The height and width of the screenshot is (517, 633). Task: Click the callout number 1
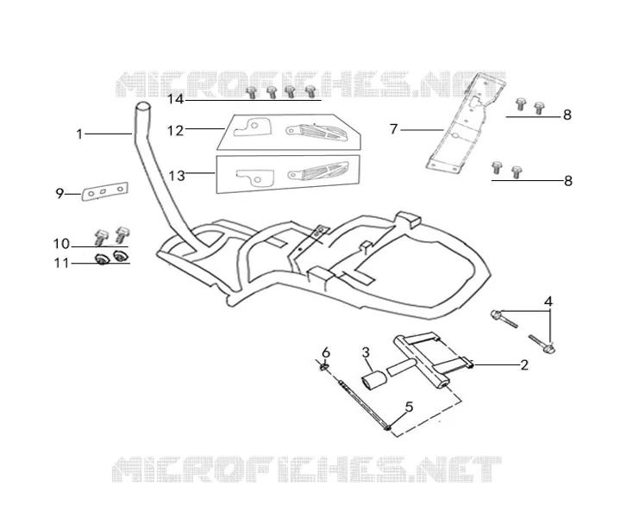79,134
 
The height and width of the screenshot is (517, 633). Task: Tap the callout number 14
176,98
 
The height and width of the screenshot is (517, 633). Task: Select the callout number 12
176,130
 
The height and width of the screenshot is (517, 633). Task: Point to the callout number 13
177,176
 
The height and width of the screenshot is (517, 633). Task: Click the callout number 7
394,129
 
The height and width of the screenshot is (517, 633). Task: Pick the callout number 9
60,194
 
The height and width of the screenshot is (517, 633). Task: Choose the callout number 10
62,244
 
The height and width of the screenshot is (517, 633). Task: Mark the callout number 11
62,263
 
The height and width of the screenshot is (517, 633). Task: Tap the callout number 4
548,302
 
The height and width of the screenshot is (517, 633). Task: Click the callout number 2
524,365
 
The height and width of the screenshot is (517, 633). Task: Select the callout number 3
366,352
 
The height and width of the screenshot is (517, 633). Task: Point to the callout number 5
410,407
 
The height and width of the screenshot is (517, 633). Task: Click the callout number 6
326,352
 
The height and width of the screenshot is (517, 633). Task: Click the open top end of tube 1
142,107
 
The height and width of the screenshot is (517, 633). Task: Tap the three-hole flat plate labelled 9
105,191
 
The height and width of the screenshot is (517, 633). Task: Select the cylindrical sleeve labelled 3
373,382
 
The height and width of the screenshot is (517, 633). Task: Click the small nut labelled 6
323,367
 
